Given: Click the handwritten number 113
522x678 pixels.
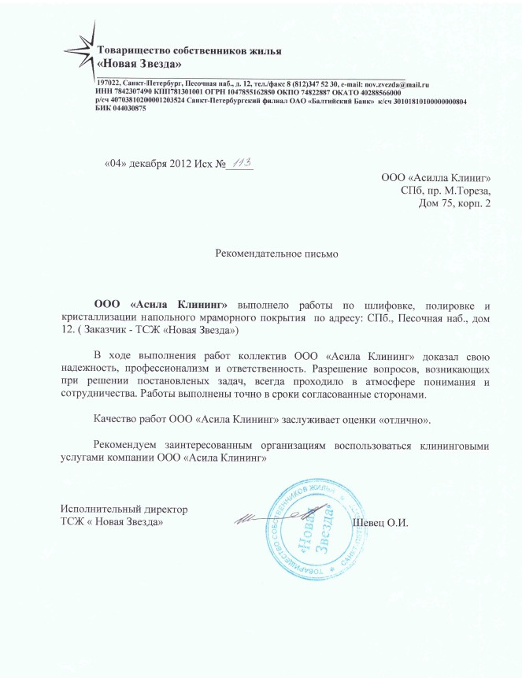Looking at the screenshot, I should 240,162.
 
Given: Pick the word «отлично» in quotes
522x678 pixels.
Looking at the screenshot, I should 402,413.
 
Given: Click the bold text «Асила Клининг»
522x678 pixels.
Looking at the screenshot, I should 178,304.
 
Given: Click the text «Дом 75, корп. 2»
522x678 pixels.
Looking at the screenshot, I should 454,205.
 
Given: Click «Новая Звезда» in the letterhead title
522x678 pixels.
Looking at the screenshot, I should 139,63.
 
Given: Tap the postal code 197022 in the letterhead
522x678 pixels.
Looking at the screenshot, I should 107,83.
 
